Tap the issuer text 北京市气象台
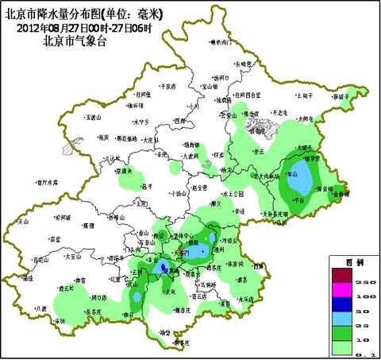pyautogui.click(x=76, y=39)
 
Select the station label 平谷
pyautogui.click(x=299, y=201)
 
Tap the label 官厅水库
pyautogui.click(x=48, y=182)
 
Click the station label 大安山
pyautogui.click(x=73, y=257)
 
